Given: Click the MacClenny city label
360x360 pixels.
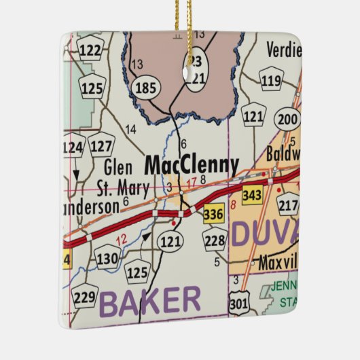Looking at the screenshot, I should pos(192,165).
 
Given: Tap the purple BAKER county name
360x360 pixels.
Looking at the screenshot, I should pos(151,301).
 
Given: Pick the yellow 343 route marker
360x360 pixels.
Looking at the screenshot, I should pos(253,195).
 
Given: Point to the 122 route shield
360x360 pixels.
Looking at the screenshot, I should pos(90,50).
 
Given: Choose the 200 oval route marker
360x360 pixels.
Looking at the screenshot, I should pos(287,119).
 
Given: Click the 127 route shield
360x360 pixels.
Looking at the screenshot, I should pos(101,145).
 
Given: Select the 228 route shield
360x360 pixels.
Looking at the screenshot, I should pos(216,240).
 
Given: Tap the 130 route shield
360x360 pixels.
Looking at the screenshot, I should pos(107,258).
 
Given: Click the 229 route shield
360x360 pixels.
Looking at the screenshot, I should pos(86,297).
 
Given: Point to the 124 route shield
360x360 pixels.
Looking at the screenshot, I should pos(72,147).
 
